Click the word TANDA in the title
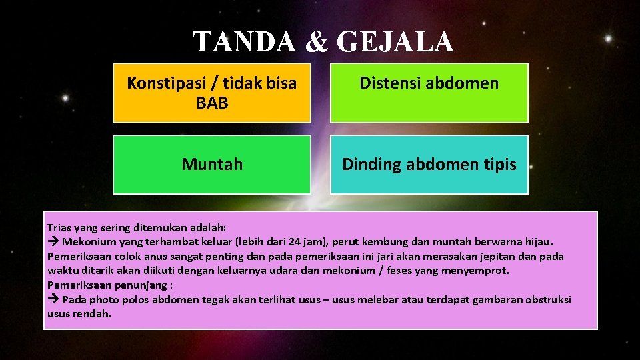(x=237, y=42)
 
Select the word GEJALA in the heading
(x=396, y=42)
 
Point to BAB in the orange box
(x=212, y=103)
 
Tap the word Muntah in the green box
(x=212, y=164)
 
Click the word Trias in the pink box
(x=60, y=227)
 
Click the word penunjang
(x=129, y=285)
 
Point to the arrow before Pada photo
(x=53, y=300)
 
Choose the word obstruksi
(x=548, y=300)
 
